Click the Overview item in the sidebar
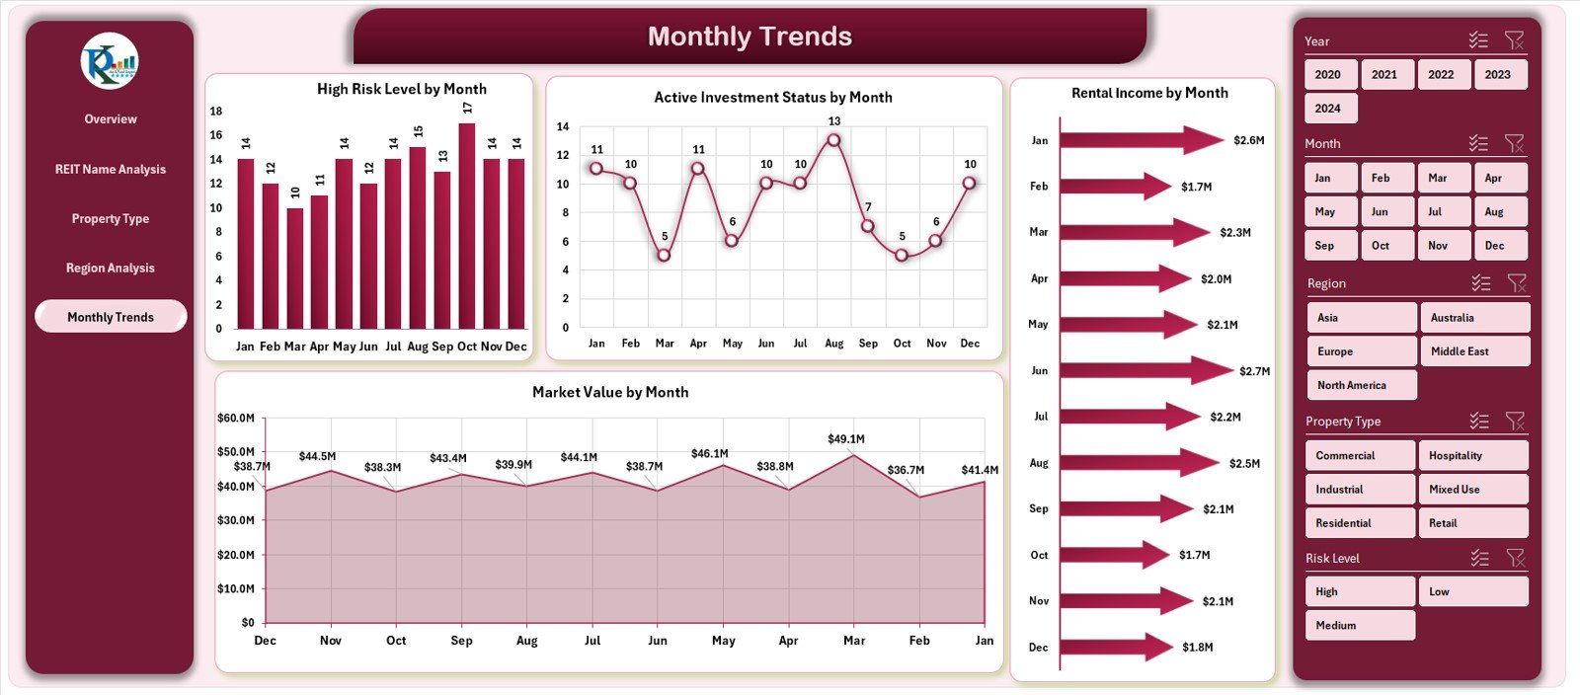(111, 119)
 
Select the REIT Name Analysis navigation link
(111, 170)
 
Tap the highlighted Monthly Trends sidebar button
(111, 317)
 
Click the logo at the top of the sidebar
(110, 61)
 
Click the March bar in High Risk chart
(295, 268)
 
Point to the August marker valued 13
(834, 140)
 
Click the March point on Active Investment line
(665, 255)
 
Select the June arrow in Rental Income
(1145, 370)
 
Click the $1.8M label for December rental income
(1198, 648)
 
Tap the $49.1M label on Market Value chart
(846, 439)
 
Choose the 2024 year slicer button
(1328, 109)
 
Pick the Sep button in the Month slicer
(1325, 246)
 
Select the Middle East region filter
(1474, 351)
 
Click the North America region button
(1360, 385)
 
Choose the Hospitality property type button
(1472, 456)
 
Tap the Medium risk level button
(1359, 626)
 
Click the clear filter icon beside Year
(1514, 40)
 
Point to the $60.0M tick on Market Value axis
(236, 419)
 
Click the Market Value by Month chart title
(610, 393)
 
